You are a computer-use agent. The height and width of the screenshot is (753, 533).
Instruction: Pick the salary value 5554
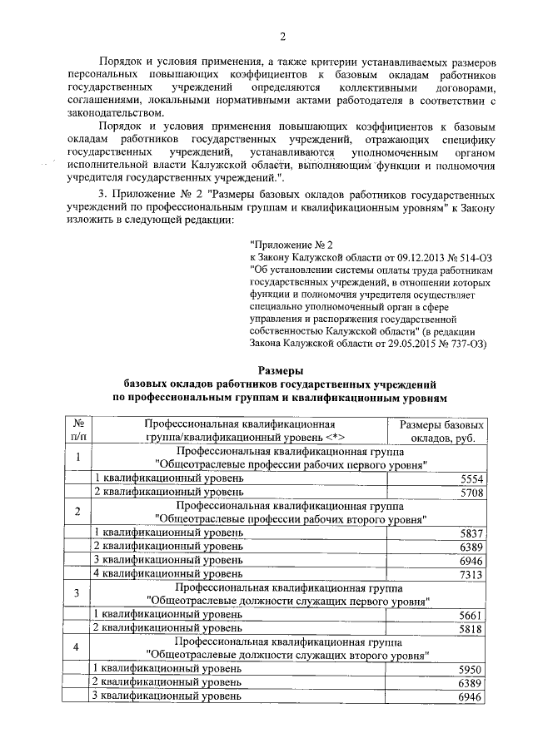pos(471,479)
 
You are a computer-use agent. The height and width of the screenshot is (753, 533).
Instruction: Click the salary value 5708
pos(471,493)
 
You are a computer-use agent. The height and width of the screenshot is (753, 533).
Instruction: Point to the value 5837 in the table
pos(471,533)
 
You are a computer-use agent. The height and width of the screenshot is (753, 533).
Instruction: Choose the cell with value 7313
pos(471,574)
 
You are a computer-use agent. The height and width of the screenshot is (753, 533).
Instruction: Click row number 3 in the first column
pos(77,593)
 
